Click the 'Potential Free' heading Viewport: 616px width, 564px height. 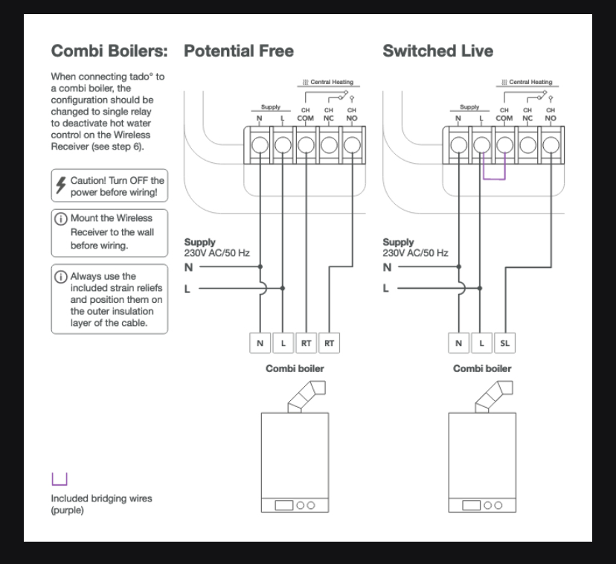(x=238, y=51)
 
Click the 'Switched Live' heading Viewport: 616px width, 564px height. (x=437, y=51)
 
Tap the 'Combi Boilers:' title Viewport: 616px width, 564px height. (x=109, y=51)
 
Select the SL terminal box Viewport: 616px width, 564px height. (x=505, y=343)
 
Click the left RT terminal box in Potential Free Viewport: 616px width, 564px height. (x=306, y=343)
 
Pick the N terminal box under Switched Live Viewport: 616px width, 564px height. (x=459, y=343)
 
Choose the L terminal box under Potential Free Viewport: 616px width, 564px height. (x=283, y=343)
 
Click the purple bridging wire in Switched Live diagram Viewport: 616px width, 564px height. (x=493, y=177)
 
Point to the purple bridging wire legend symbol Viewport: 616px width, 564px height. (x=60, y=478)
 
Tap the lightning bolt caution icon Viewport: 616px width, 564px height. (x=60, y=185)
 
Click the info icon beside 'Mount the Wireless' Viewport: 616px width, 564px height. (x=60, y=219)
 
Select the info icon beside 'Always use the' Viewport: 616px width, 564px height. (x=60, y=276)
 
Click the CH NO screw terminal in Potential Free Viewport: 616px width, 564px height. (x=351, y=144)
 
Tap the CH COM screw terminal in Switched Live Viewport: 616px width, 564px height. (x=504, y=144)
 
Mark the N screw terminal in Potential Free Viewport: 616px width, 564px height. (x=260, y=144)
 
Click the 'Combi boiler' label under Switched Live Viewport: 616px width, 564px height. (x=482, y=368)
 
